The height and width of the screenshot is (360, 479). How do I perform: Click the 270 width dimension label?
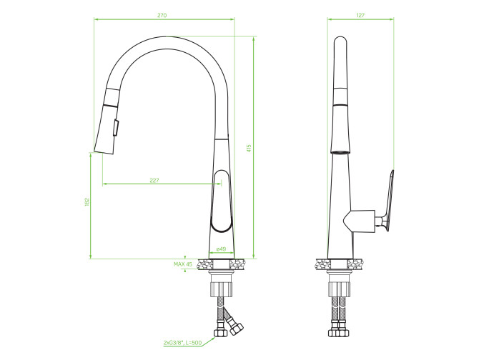162,15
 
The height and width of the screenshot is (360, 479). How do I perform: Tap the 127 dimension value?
360,15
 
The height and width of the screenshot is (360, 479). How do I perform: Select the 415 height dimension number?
249,149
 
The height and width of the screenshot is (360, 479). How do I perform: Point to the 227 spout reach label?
154,180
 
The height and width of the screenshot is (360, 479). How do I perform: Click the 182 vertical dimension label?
87,202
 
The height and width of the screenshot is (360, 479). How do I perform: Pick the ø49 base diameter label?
221,249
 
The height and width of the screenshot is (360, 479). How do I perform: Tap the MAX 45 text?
183,264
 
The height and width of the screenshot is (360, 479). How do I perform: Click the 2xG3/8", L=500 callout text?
183,343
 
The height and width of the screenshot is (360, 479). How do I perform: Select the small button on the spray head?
116,127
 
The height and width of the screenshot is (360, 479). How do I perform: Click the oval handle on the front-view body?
222,201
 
